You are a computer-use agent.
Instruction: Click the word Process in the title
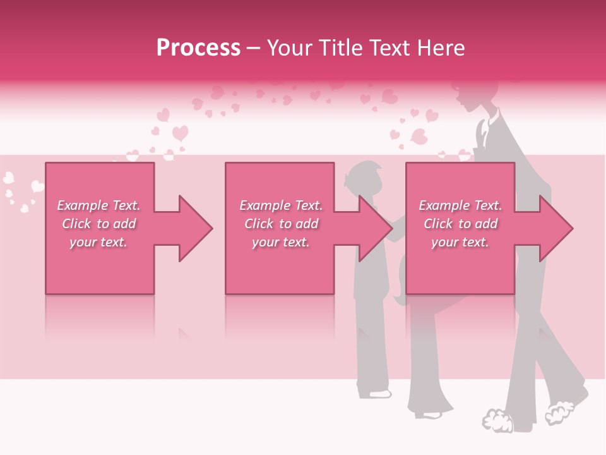tap(198, 48)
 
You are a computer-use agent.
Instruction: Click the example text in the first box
tap(98, 224)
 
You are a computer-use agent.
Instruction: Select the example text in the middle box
tap(281, 224)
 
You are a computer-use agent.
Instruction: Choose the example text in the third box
tap(460, 224)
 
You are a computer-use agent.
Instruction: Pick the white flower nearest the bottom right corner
tap(559, 411)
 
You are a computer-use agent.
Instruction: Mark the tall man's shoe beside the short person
tap(429, 415)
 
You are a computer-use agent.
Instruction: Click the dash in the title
tap(254, 49)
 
